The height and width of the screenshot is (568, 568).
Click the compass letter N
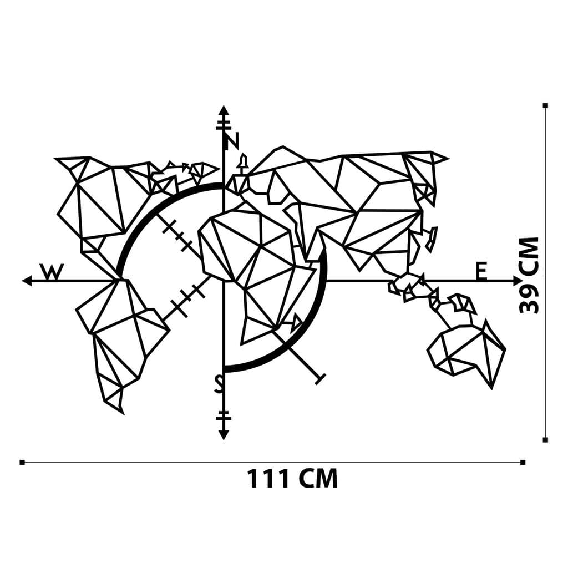231,141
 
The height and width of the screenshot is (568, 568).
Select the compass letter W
52,272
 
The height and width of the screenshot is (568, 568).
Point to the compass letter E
481,271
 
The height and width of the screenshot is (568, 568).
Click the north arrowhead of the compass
223,110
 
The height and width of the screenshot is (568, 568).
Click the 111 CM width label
292,478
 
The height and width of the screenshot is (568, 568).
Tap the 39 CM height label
529,275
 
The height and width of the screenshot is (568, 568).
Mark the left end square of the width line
22,462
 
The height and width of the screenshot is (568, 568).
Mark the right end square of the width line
523,462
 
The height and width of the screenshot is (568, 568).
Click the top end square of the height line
546,105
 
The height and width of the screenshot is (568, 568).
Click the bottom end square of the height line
546,440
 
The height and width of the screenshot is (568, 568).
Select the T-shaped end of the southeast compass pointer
319,379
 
